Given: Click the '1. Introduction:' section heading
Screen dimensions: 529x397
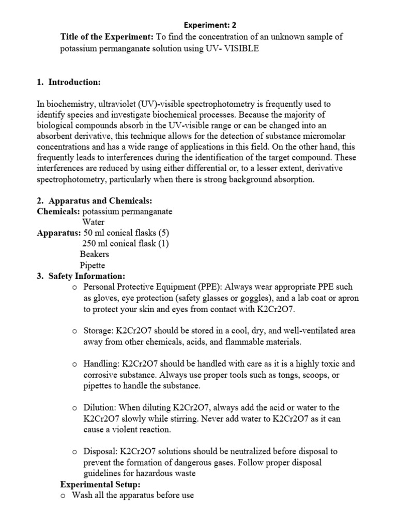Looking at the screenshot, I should [x=69, y=83].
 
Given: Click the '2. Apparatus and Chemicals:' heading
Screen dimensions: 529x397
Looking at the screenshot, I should [x=95, y=200].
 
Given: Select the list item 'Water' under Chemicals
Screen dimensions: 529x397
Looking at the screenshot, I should [x=93, y=222].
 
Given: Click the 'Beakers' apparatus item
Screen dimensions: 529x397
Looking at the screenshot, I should [x=94, y=255].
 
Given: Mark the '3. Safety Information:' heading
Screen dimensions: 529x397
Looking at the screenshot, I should [x=81, y=276].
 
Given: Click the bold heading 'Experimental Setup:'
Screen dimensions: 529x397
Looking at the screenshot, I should [x=100, y=485].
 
